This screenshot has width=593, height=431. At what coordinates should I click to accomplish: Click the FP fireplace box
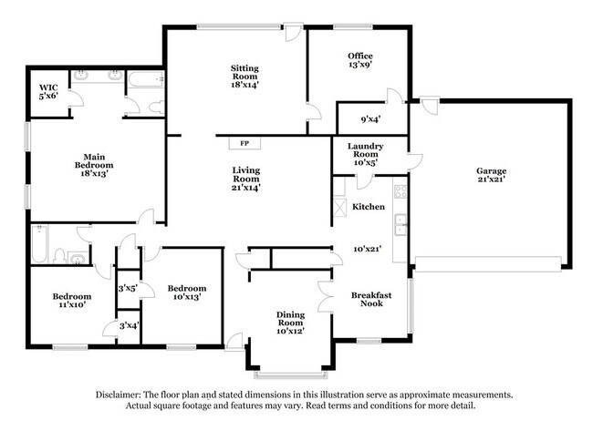244,143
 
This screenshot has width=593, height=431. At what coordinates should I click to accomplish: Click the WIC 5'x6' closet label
48,92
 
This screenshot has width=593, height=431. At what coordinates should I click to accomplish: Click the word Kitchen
368,208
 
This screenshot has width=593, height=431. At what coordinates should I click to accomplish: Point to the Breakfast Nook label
371,300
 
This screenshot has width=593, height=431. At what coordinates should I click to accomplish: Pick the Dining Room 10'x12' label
289,321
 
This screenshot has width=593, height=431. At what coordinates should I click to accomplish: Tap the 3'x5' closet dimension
128,289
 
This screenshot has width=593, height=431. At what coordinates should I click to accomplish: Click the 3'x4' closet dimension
128,325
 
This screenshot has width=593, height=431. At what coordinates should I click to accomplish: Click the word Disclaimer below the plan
123,395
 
